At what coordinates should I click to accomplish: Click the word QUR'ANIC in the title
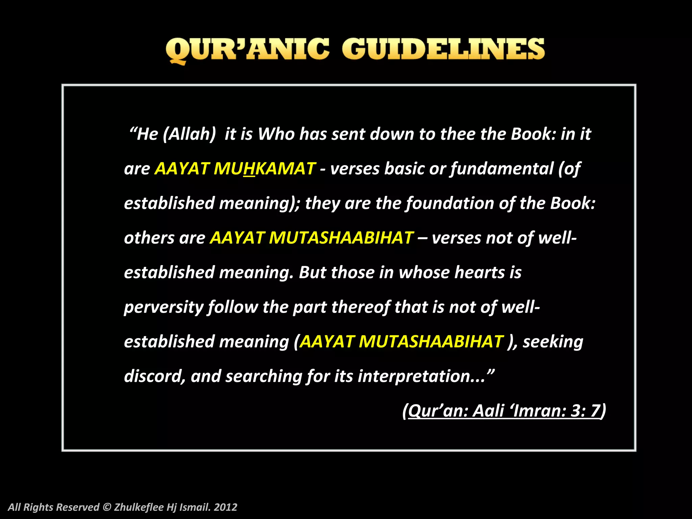coord(247,50)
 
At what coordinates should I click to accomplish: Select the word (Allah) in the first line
coord(189,134)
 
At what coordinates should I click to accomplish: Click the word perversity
coord(164,307)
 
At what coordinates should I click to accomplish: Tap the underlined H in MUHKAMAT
coord(249,169)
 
